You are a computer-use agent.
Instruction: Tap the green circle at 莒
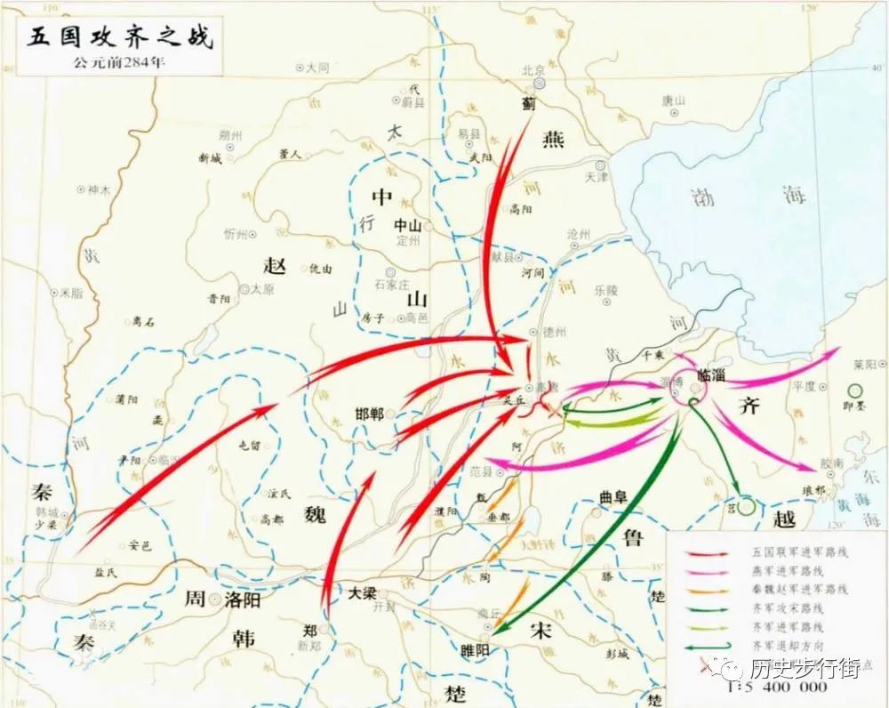tap(746, 506)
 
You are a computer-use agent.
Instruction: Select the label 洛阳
tap(242, 599)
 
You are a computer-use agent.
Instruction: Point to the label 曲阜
tap(613, 498)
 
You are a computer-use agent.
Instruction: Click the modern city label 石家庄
tap(389, 285)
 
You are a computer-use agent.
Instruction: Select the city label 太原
tap(262, 289)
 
